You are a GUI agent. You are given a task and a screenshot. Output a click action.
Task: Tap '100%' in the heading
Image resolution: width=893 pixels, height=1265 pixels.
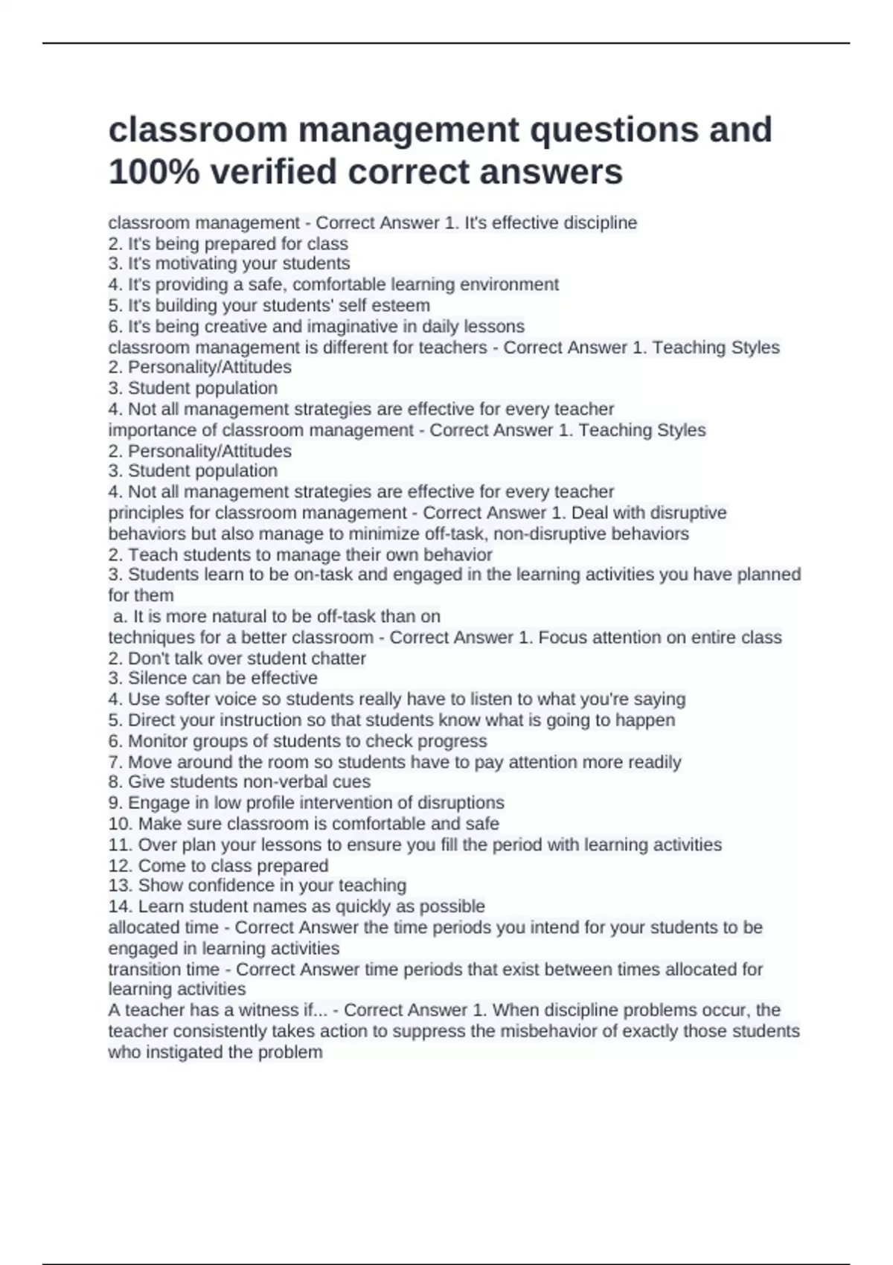point(154,172)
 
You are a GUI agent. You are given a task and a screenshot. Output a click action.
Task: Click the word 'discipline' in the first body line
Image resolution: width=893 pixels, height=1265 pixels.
point(600,222)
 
